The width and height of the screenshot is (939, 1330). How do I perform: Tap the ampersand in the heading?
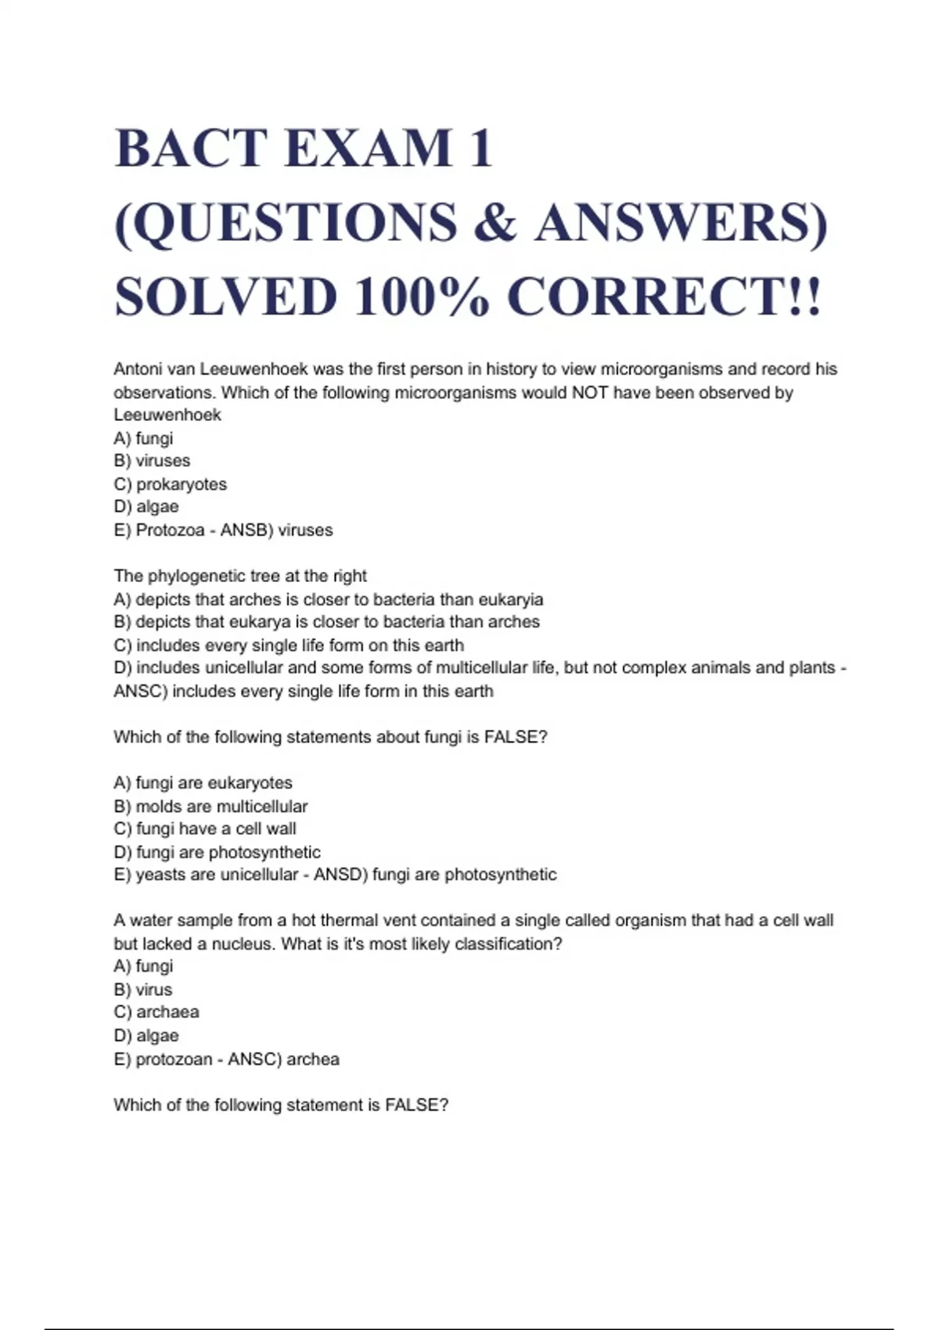click(x=495, y=222)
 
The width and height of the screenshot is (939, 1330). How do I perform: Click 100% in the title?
click(x=423, y=297)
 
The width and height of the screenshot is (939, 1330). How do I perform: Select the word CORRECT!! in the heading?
click(x=665, y=297)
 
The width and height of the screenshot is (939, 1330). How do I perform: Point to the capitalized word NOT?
click(x=590, y=392)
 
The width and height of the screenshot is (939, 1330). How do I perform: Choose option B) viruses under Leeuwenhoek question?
click(x=152, y=461)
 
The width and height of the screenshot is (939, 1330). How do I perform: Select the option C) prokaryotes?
click(x=170, y=484)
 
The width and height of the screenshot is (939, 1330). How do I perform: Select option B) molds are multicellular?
click(x=210, y=807)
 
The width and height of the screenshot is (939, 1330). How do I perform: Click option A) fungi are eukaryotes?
click(x=203, y=783)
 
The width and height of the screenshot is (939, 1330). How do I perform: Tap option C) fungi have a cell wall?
click(x=205, y=829)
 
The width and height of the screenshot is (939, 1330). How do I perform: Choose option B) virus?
click(x=143, y=990)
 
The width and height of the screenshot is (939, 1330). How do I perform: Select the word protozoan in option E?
click(x=174, y=1059)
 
